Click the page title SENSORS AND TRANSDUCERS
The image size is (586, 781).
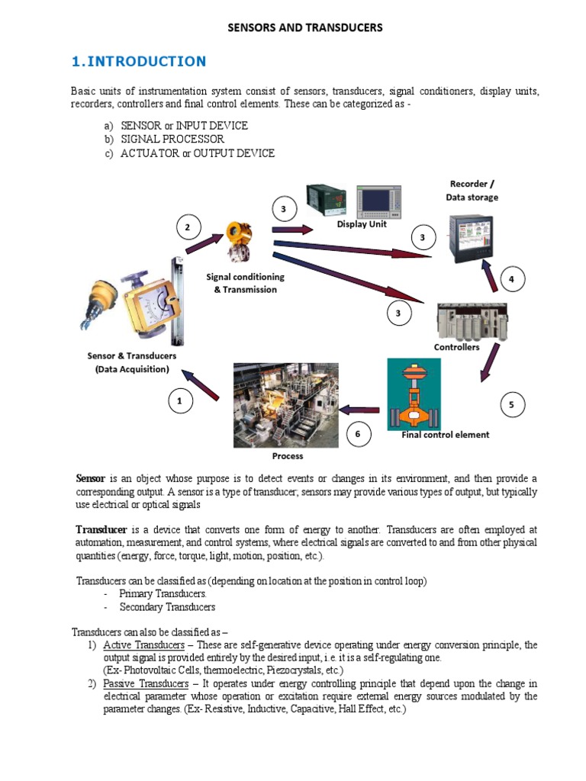[305, 28]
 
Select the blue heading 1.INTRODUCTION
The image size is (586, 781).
[138, 62]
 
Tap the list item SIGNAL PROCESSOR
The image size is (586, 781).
[172, 140]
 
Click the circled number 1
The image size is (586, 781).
[179, 400]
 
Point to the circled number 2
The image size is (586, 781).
[188, 227]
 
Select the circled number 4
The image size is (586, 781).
[511, 280]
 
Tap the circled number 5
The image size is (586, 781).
[511, 406]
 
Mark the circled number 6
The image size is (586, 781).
[358, 435]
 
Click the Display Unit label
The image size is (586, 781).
[362, 224]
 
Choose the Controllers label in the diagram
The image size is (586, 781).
[456, 347]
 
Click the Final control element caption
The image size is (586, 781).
[446, 435]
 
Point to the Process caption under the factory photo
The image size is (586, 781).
[287, 456]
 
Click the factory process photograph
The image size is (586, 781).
[286, 405]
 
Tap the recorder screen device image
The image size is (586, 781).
[470, 238]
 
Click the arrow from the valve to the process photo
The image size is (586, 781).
[359, 410]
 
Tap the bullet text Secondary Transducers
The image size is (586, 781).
[167, 607]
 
